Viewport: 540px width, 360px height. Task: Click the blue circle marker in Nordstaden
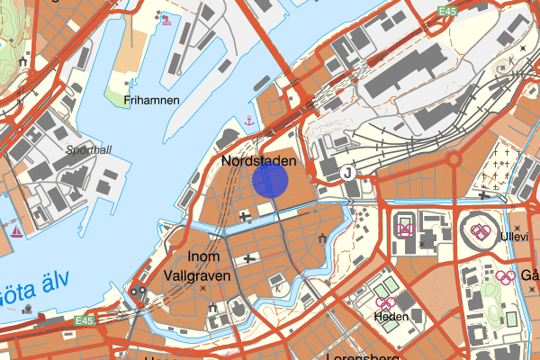270,179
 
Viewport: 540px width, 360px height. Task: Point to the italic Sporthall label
88,150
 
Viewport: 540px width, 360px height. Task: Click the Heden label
392,318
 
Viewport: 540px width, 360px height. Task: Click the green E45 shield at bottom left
85,320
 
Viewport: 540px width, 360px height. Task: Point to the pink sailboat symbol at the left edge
16,231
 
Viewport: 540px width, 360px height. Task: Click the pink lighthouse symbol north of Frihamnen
163,17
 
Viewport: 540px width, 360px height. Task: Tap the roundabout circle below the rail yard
454,159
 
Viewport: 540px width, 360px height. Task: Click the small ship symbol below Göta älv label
30,308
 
